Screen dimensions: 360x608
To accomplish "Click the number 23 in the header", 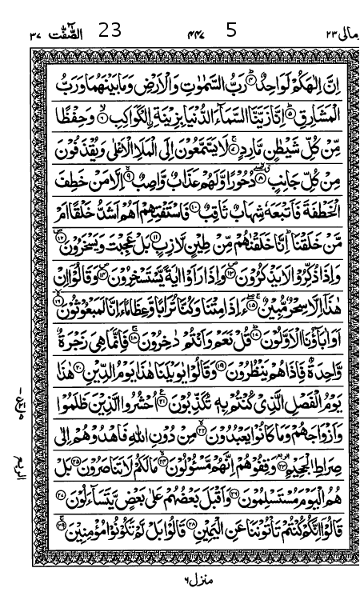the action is tap(110, 32).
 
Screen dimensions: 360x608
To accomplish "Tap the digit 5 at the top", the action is tap(232, 32).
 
